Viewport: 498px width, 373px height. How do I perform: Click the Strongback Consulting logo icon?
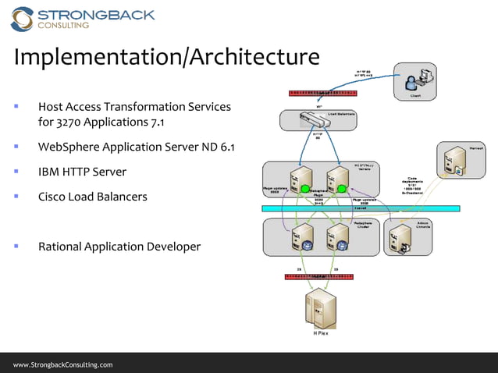click(22, 19)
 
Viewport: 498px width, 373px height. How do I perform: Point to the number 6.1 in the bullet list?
click(226, 147)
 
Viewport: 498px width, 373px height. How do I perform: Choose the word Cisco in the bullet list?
click(53, 197)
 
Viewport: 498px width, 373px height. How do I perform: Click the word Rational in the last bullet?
click(62, 247)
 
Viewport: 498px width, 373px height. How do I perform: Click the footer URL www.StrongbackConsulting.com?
click(62, 364)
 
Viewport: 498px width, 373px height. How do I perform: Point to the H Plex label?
click(321, 333)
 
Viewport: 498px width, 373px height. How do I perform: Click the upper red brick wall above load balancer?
click(322, 92)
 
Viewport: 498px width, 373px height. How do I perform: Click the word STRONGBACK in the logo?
click(97, 14)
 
